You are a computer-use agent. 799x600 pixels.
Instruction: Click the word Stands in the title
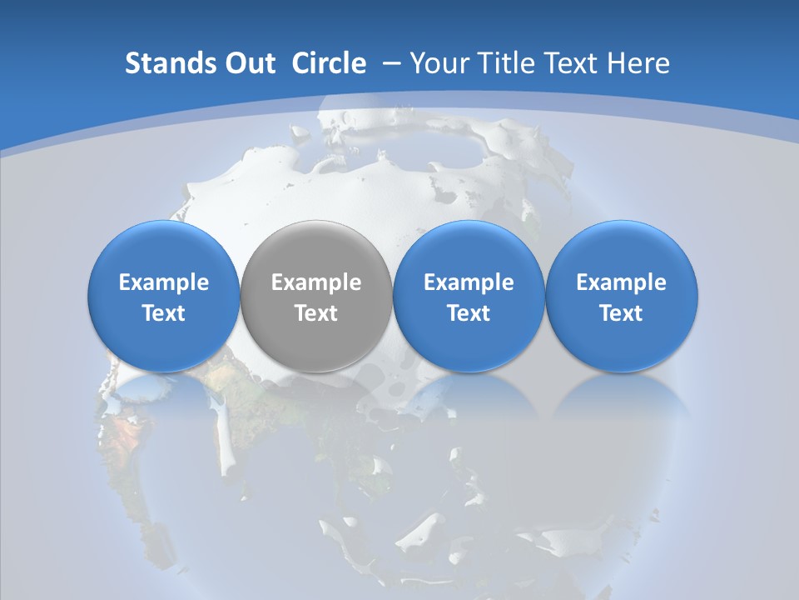pos(165,63)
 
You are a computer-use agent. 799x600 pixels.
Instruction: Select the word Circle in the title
pos(328,63)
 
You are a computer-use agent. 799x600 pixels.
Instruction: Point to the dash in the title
pos(390,64)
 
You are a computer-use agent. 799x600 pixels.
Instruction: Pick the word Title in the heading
pos(507,63)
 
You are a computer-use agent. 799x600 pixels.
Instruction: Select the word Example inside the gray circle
pos(316,282)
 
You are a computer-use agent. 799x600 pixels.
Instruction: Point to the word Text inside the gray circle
pos(316,313)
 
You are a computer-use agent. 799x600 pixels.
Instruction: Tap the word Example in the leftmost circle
pos(164,282)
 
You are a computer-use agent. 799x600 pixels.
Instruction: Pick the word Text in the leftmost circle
pos(164,313)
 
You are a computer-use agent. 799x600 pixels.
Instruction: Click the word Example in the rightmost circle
pos(622,282)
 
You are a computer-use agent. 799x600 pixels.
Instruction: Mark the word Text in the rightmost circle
pos(622,313)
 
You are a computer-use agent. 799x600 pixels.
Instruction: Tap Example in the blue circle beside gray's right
pos(469,282)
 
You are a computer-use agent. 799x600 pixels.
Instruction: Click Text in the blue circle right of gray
pos(469,313)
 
